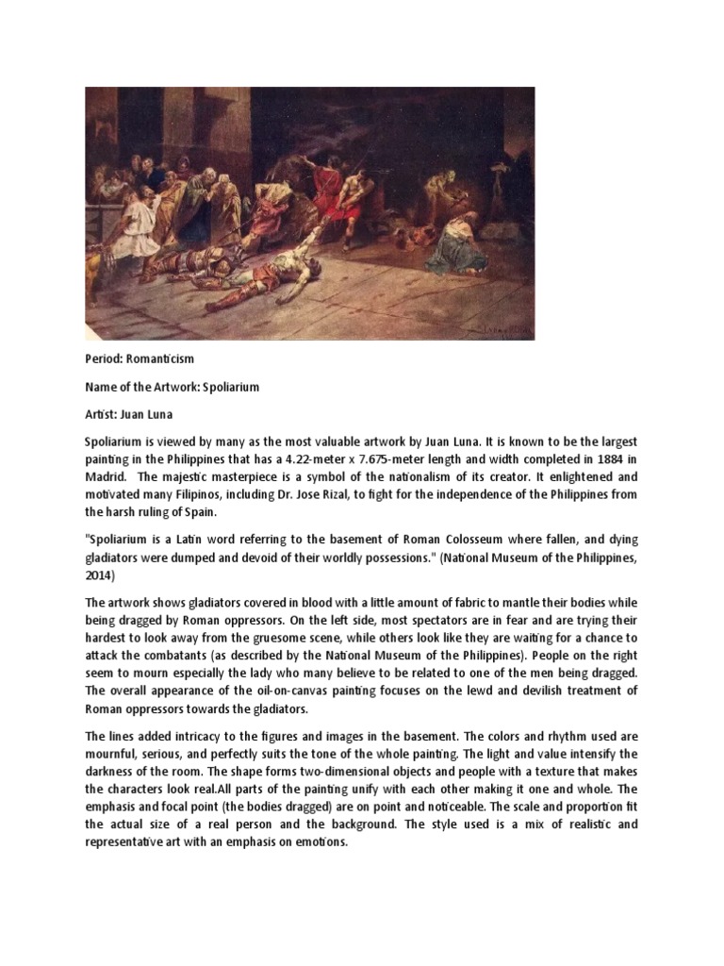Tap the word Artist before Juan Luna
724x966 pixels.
[102, 414]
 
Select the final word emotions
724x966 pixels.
[318, 841]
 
